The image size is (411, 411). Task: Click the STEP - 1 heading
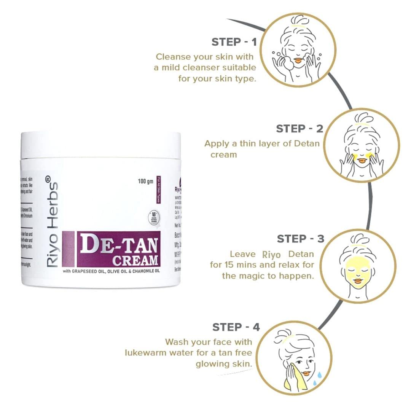[x=234, y=42]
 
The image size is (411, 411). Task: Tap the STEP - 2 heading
[x=299, y=129]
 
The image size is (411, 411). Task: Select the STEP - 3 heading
[x=300, y=239]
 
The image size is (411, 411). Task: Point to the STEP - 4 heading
[x=236, y=327]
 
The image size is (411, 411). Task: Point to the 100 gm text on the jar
[x=145, y=181]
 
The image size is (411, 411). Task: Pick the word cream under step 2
[x=223, y=155]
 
